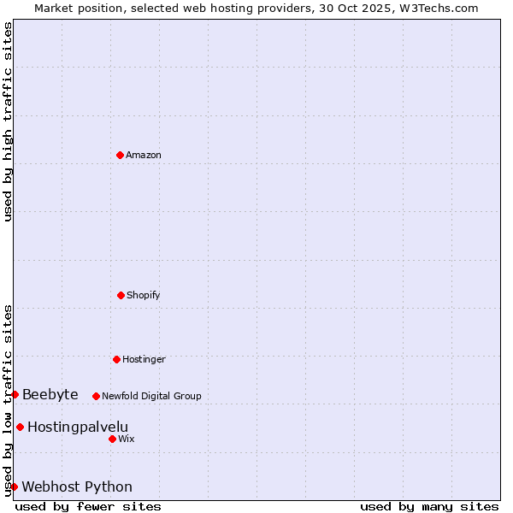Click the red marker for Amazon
pyautogui.click(x=120, y=155)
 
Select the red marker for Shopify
pyautogui.click(x=121, y=295)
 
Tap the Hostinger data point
pyautogui.click(x=116, y=359)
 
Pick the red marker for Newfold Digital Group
pyautogui.click(x=96, y=396)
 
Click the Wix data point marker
pyautogui.click(x=112, y=439)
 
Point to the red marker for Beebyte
pyautogui.click(x=15, y=394)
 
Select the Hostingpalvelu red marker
pyautogui.click(x=20, y=427)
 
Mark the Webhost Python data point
pyautogui.click(x=14, y=486)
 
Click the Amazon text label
pyautogui.click(x=144, y=155)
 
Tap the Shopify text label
pyautogui.click(x=144, y=295)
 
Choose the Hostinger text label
pyautogui.click(x=144, y=359)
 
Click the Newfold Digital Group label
pyautogui.click(x=151, y=396)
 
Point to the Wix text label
pyautogui.click(x=127, y=439)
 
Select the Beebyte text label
pyautogui.click(x=50, y=394)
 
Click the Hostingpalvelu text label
pyautogui.click(x=78, y=427)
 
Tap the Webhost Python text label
pyautogui.click(x=77, y=486)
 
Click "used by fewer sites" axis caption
pyautogui.click(x=88, y=506)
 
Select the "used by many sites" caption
pyautogui.click(x=429, y=506)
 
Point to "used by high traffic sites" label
pyautogui.click(x=8, y=121)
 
